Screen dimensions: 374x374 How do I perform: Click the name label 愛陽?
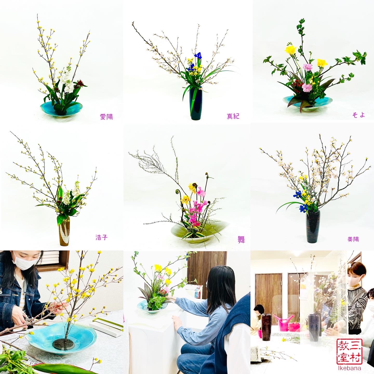pyautogui.click(x=106, y=117)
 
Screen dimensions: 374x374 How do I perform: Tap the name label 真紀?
pyautogui.click(x=233, y=116)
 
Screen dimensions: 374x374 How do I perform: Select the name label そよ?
pyautogui.click(x=359, y=115)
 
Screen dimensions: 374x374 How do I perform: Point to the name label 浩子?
pyautogui.click(x=101, y=237)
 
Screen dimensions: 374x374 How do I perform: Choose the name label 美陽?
pyautogui.click(x=353, y=239)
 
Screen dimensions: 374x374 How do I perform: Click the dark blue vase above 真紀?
pyautogui.click(x=196, y=103)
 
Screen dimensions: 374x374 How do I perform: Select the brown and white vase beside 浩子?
pyautogui.click(x=64, y=231)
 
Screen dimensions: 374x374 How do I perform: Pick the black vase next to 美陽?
pyautogui.click(x=313, y=226)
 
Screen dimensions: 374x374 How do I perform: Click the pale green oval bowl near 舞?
pyautogui.click(x=199, y=231)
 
